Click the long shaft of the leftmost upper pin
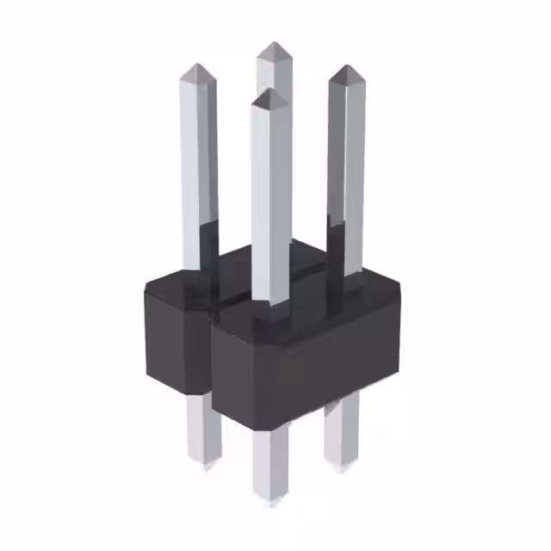point(199,172)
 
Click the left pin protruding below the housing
point(202,430)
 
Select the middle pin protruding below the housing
point(271,461)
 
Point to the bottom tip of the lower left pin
point(205,466)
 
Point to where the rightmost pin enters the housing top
point(346,274)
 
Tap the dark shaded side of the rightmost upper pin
point(335,172)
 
